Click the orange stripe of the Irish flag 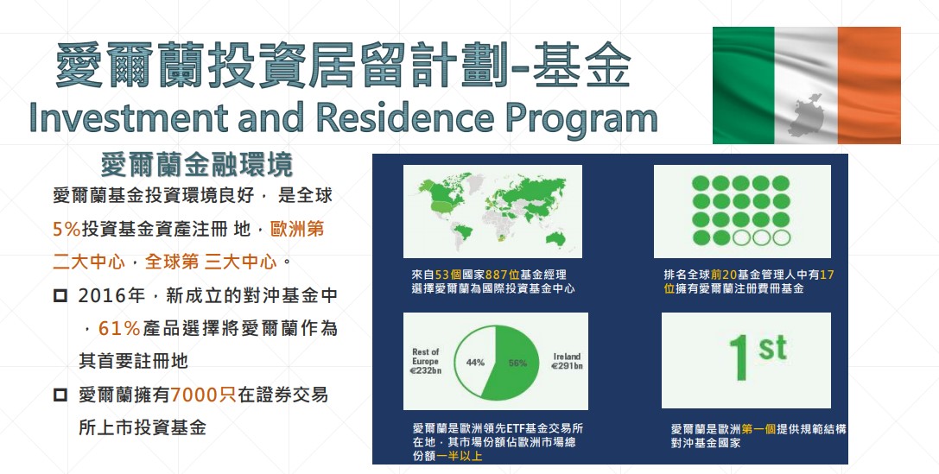[869, 85]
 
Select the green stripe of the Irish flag [744, 85]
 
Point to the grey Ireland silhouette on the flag [806, 115]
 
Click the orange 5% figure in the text [66, 229]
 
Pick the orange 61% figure [119, 328]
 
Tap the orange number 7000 [194, 395]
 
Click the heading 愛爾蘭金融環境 [196, 165]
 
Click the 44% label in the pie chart [475, 363]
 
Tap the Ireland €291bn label [567, 361]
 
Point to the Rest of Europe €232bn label [426, 361]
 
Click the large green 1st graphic [757, 357]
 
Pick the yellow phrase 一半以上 [460, 456]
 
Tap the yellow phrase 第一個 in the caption [758, 429]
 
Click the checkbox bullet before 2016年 [60, 295]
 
